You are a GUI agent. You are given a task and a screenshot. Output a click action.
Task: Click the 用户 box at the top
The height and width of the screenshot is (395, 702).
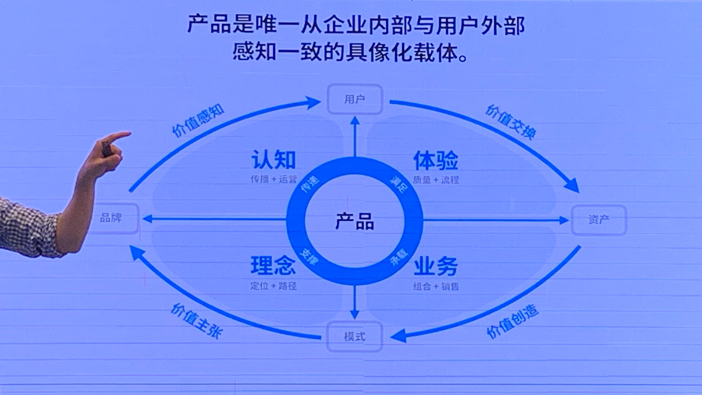click(355, 99)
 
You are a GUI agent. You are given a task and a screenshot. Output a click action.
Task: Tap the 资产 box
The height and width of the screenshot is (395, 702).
click(599, 220)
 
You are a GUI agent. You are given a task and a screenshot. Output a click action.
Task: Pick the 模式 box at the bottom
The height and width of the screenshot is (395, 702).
click(355, 336)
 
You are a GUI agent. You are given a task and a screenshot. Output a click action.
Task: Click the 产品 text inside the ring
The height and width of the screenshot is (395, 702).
click(355, 222)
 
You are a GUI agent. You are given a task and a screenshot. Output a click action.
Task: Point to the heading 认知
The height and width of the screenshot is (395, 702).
click(273, 160)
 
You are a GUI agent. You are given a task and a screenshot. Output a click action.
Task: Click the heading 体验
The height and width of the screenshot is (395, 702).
click(436, 160)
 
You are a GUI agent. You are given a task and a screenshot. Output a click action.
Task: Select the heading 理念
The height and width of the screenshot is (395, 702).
click(273, 266)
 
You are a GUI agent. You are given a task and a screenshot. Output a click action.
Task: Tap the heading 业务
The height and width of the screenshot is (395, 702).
click(436, 266)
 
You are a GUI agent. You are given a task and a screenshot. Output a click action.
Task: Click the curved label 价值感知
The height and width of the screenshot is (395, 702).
click(198, 120)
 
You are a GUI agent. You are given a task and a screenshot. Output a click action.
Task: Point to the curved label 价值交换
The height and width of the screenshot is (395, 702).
click(511, 122)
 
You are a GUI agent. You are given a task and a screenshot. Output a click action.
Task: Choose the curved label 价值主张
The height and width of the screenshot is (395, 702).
click(196, 321)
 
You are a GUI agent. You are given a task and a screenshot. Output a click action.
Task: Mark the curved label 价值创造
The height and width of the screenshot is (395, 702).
click(512, 321)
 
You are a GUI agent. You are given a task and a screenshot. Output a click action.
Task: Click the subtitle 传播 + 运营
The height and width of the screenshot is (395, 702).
click(273, 179)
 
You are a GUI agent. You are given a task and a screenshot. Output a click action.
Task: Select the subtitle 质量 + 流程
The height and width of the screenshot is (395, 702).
click(436, 180)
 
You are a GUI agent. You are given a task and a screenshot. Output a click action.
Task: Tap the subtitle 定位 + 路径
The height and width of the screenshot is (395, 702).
click(273, 286)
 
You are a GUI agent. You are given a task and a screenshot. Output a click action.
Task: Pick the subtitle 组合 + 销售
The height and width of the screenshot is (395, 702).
click(436, 286)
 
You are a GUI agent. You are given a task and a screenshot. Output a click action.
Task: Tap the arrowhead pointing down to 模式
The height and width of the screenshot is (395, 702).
click(355, 315)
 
